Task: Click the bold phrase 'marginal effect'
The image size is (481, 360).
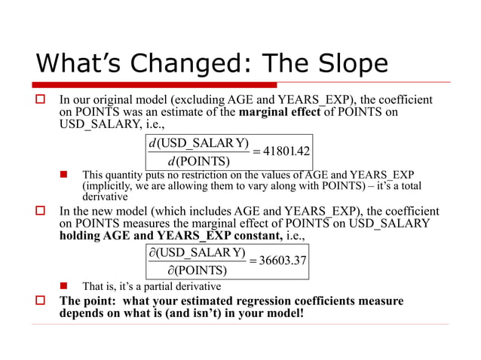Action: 281,113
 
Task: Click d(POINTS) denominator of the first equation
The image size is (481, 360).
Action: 198,160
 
